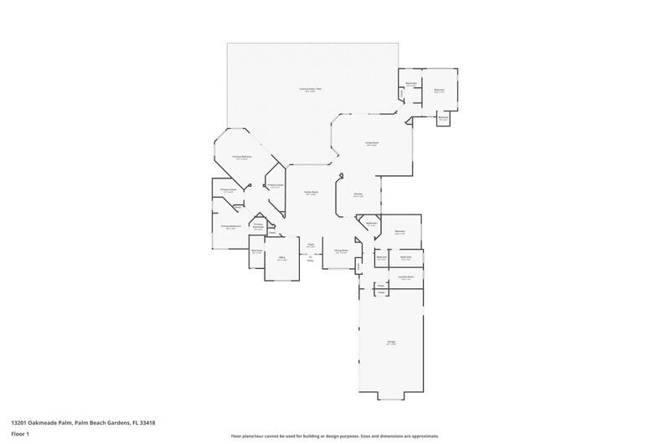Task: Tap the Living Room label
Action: point(372,144)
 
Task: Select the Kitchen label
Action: point(358,194)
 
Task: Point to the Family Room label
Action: point(310,192)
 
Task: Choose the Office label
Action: point(281,258)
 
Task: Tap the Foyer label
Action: point(310,245)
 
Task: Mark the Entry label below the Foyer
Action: point(310,261)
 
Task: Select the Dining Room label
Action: point(341,250)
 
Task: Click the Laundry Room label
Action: point(406,277)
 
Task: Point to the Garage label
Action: point(391,342)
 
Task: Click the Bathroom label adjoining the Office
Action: point(258,250)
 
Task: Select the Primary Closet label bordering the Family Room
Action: point(275,185)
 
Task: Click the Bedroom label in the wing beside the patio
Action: point(439,90)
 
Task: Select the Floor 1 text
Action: point(20,434)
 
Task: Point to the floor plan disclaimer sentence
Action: point(335,436)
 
